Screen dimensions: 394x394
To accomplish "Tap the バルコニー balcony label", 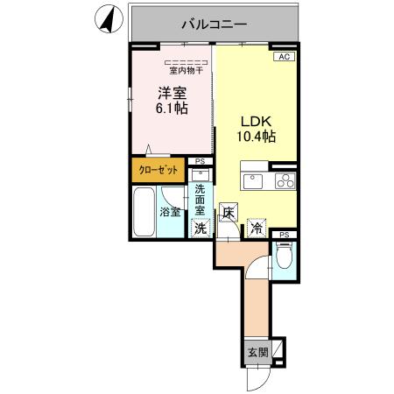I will click(215, 23).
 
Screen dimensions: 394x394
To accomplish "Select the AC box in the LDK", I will click(283, 56).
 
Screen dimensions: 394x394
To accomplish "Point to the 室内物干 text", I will click(186, 71).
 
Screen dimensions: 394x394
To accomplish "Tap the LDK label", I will click(257, 122).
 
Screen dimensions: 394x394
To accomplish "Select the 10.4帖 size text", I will click(257, 137).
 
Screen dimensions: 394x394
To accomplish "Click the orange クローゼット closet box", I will click(158, 170).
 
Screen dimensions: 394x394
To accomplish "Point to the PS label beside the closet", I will click(201, 162).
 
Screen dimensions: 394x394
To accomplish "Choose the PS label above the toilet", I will click(284, 235).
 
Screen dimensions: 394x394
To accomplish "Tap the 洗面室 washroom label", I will click(201, 200).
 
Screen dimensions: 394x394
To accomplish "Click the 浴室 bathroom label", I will click(170, 211).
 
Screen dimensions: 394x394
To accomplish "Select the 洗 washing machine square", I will click(201, 229).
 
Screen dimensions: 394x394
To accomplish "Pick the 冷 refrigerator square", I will click(257, 228).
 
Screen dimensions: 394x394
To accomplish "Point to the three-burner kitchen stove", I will click(285, 182).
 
